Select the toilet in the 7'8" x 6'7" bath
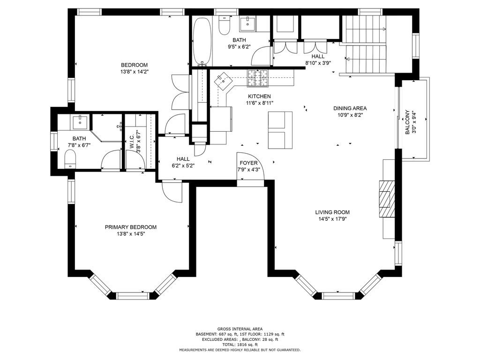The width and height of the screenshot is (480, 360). [70, 159]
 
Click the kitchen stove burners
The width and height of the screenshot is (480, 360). [257, 78]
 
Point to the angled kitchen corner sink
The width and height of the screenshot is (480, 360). [224, 81]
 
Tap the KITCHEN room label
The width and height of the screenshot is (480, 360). [259, 96]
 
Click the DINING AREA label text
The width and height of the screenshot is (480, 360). [350, 108]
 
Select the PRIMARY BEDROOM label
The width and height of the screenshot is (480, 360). [131, 227]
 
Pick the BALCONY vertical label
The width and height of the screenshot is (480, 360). [407, 122]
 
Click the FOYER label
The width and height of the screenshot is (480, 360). [248, 163]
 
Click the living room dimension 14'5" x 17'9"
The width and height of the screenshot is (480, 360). [332, 219]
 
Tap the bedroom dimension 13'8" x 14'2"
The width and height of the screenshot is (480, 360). [135, 72]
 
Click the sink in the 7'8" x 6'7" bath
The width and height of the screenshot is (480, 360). [80, 122]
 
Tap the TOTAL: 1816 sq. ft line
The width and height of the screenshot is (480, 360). [240, 345]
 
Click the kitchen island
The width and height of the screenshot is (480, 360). [280, 130]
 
